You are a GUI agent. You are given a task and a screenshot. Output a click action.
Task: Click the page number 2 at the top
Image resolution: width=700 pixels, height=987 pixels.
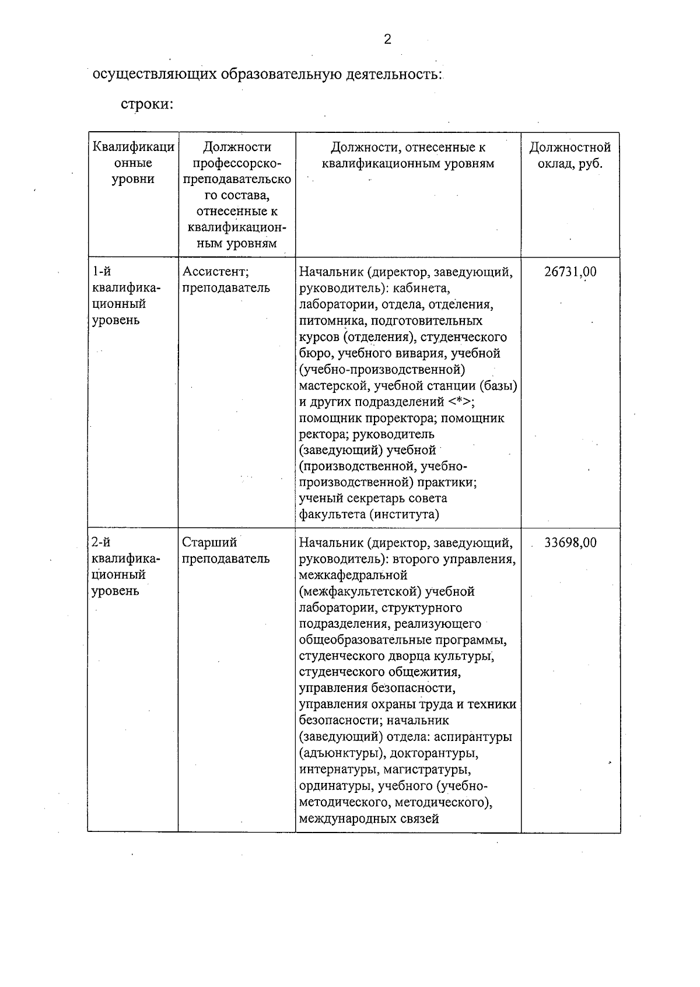(387, 40)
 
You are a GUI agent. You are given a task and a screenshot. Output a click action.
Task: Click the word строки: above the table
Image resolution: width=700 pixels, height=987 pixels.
(148, 105)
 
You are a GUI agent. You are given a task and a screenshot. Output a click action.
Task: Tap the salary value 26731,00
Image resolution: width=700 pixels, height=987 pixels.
(570, 272)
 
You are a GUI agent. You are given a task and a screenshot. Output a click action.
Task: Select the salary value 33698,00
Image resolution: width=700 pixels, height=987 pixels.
(570, 543)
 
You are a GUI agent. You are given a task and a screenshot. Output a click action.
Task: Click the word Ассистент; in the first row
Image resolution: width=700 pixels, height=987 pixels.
(216, 272)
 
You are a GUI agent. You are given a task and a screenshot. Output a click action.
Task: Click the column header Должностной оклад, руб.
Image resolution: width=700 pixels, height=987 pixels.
(570, 155)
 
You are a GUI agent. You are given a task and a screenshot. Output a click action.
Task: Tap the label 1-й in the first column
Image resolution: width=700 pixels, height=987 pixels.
(102, 272)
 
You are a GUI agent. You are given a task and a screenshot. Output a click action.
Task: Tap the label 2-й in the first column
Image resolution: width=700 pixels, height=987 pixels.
(102, 543)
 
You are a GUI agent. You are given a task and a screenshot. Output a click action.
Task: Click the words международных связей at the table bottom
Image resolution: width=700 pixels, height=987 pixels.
(369, 819)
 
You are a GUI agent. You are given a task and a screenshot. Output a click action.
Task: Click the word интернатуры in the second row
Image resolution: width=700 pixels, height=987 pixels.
(333, 770)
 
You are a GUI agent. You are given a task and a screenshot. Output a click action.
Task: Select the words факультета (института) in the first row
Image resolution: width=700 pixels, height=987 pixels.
(369, 514)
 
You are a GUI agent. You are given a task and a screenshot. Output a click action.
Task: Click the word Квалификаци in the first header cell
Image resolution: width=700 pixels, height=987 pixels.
(134, 147)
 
